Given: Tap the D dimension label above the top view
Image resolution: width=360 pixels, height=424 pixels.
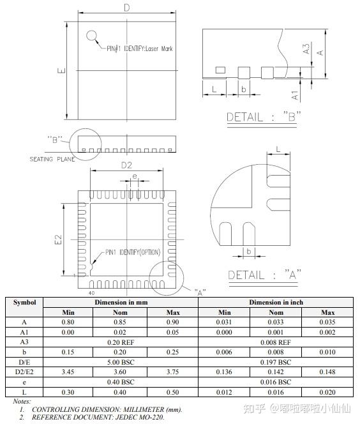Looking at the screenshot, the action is [x=127, y=8].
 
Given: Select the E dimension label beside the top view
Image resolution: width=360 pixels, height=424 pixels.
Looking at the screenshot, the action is [x=62, y=71].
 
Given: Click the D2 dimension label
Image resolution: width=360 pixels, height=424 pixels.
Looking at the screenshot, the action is [x=126, y=165].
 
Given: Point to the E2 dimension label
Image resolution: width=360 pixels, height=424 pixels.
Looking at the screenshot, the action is [x=58, y=239].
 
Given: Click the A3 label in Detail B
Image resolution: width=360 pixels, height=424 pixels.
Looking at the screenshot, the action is [x=306, y=49].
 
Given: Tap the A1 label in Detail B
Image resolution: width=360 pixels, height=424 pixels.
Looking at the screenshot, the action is [x=295, y=95].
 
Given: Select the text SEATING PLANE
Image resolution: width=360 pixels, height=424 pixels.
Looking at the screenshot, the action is [x=52, y=159].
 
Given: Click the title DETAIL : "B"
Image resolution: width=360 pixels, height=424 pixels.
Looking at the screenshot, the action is [x=263, y=117].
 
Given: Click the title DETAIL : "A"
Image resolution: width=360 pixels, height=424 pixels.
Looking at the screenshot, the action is [x=264, y=275].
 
